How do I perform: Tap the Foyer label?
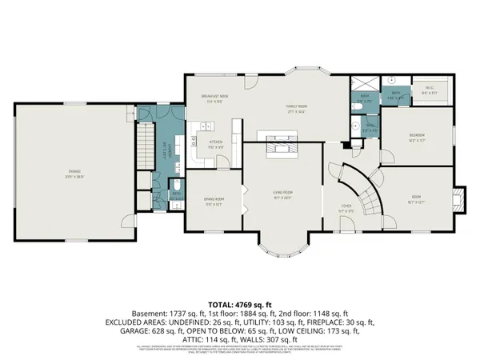pos(346,206)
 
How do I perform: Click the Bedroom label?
pos(417,137)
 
